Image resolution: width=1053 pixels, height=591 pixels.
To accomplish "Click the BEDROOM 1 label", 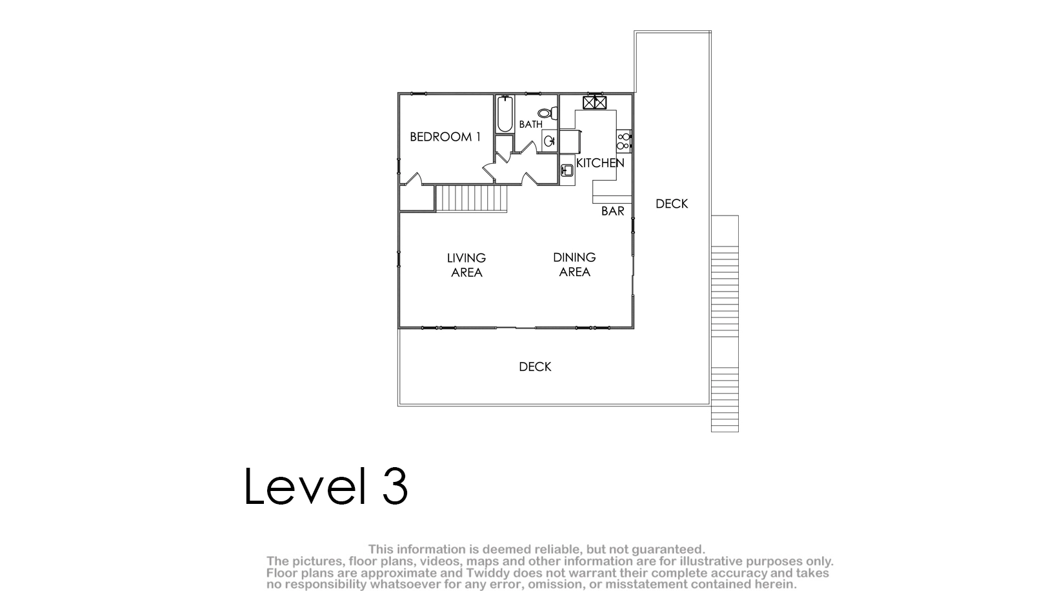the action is [x=445, y=137].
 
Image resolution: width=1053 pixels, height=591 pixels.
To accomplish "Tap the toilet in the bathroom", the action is [x=547, y=113].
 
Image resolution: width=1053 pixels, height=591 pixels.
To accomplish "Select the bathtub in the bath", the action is [x=505, y=114].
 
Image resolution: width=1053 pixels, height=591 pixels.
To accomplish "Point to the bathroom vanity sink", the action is [x=549, y=140].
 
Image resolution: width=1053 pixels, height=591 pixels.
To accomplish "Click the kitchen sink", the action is [x=567, y=170].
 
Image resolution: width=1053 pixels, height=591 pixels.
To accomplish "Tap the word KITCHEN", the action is [x=600, y=163].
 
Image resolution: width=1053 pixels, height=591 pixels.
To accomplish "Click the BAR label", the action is [x=613, y=211].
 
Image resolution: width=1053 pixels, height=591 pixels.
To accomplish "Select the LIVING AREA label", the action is [x=466, y=265].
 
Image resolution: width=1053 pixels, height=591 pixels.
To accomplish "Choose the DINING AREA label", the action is [x=574, y=265].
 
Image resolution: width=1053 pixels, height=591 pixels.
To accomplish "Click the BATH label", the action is [x=531, y=125].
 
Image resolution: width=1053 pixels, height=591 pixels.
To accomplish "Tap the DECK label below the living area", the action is [x=535, y=366].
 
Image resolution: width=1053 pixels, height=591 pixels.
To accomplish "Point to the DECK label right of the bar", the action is [x=672, y=204].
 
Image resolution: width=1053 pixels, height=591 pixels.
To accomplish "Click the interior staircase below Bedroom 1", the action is [x=472, y=199].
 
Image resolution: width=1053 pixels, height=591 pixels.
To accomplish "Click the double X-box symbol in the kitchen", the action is [x=595, y=103].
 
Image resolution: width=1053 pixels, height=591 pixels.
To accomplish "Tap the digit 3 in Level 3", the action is [x=395, y=486].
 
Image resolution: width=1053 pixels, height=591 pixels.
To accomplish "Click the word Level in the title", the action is [x=305, y=486].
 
